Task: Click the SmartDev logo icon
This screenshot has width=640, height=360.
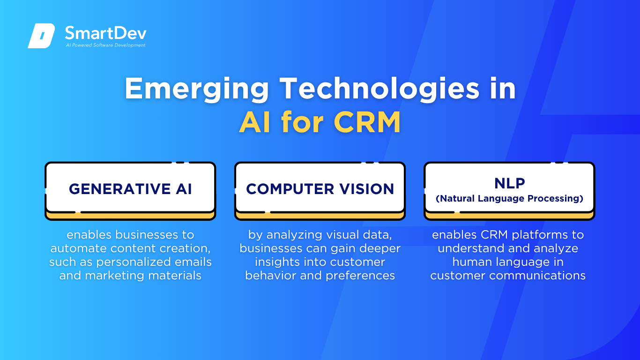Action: tap(41, 36)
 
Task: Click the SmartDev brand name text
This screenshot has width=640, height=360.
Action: tap(105, 33)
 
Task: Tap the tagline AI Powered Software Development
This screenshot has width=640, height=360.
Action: tap(105, 45)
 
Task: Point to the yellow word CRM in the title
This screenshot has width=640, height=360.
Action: tap(367, 122)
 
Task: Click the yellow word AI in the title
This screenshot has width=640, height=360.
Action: tap(255, 122)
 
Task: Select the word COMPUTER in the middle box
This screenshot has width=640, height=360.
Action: tap(290, 189)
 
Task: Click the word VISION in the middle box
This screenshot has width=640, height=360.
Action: tap(366, 189)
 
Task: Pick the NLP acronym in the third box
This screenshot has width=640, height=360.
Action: tap(510, 183)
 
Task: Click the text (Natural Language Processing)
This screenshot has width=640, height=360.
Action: tap(509, 198)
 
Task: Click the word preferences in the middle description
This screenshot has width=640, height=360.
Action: tap(360, 276)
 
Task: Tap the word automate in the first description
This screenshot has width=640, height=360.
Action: tap(79, 248)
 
